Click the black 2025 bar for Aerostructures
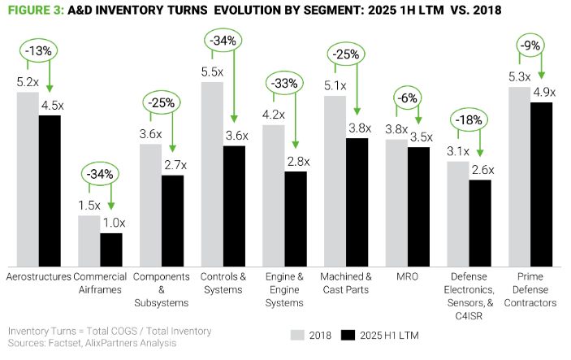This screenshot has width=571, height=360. click(x=50, y=191)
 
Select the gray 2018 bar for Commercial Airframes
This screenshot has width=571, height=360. click(x=89, y=241)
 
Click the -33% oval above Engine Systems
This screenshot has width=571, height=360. click(x=282, y=83)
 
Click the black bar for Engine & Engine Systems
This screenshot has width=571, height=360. click(x=296, y=219)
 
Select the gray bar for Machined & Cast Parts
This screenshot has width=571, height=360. click(x=335, y=181)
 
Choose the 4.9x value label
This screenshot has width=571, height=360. click(x=543, y=92)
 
